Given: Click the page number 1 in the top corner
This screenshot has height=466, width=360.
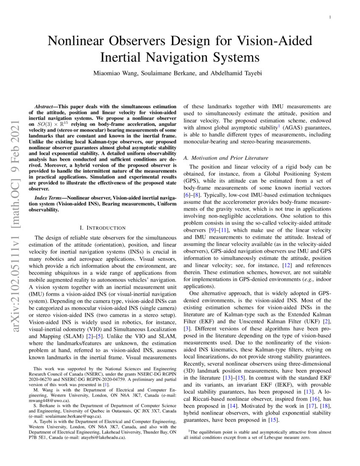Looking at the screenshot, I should click(330, 17).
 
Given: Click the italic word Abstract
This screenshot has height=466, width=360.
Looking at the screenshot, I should click(44, 106).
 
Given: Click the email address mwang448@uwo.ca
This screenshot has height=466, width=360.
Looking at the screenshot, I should click(49, 400).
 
